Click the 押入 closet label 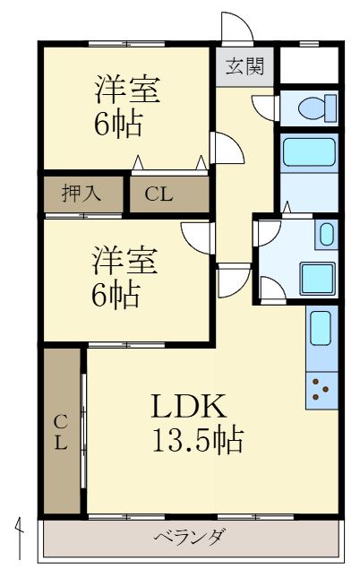tap(80, 192)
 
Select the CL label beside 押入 tap(160, 193)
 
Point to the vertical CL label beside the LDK tap(61, 432)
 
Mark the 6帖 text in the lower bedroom tap(116, 295)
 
